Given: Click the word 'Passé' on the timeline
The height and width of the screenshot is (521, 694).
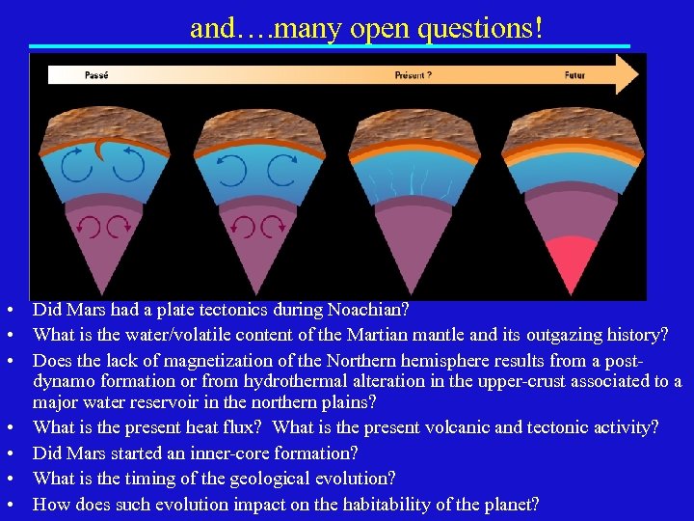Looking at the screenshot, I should (96, 74).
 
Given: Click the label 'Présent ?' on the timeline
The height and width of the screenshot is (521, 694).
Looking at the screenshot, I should (414, 74).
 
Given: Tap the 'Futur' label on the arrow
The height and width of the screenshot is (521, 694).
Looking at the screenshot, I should (574, 74).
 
